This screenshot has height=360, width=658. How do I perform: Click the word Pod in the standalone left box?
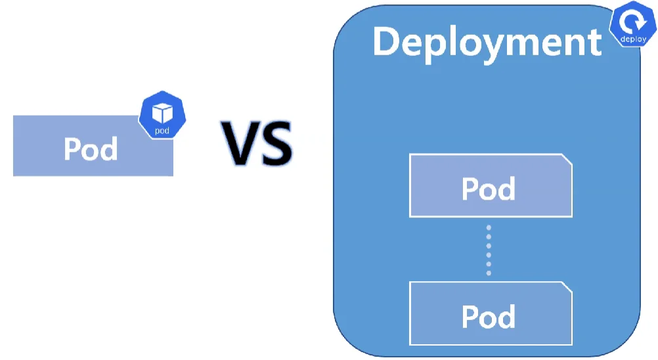coord(91,148)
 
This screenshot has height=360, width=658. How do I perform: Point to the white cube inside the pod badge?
coord(162,113)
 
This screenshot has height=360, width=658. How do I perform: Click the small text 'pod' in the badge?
coord(162,131)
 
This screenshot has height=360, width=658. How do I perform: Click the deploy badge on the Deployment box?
coord(632,26)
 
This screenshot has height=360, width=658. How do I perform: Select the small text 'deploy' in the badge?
coord(633,39)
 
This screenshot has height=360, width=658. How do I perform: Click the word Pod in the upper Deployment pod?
coord(489,189)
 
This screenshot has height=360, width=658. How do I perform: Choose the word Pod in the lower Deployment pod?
coord(489,317)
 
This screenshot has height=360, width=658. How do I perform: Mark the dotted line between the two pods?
coord(489,250)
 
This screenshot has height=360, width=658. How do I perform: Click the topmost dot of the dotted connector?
coord(489,227)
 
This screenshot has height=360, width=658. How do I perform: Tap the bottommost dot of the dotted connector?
coord(489,273)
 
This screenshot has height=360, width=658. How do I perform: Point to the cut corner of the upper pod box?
coord(567,160)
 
